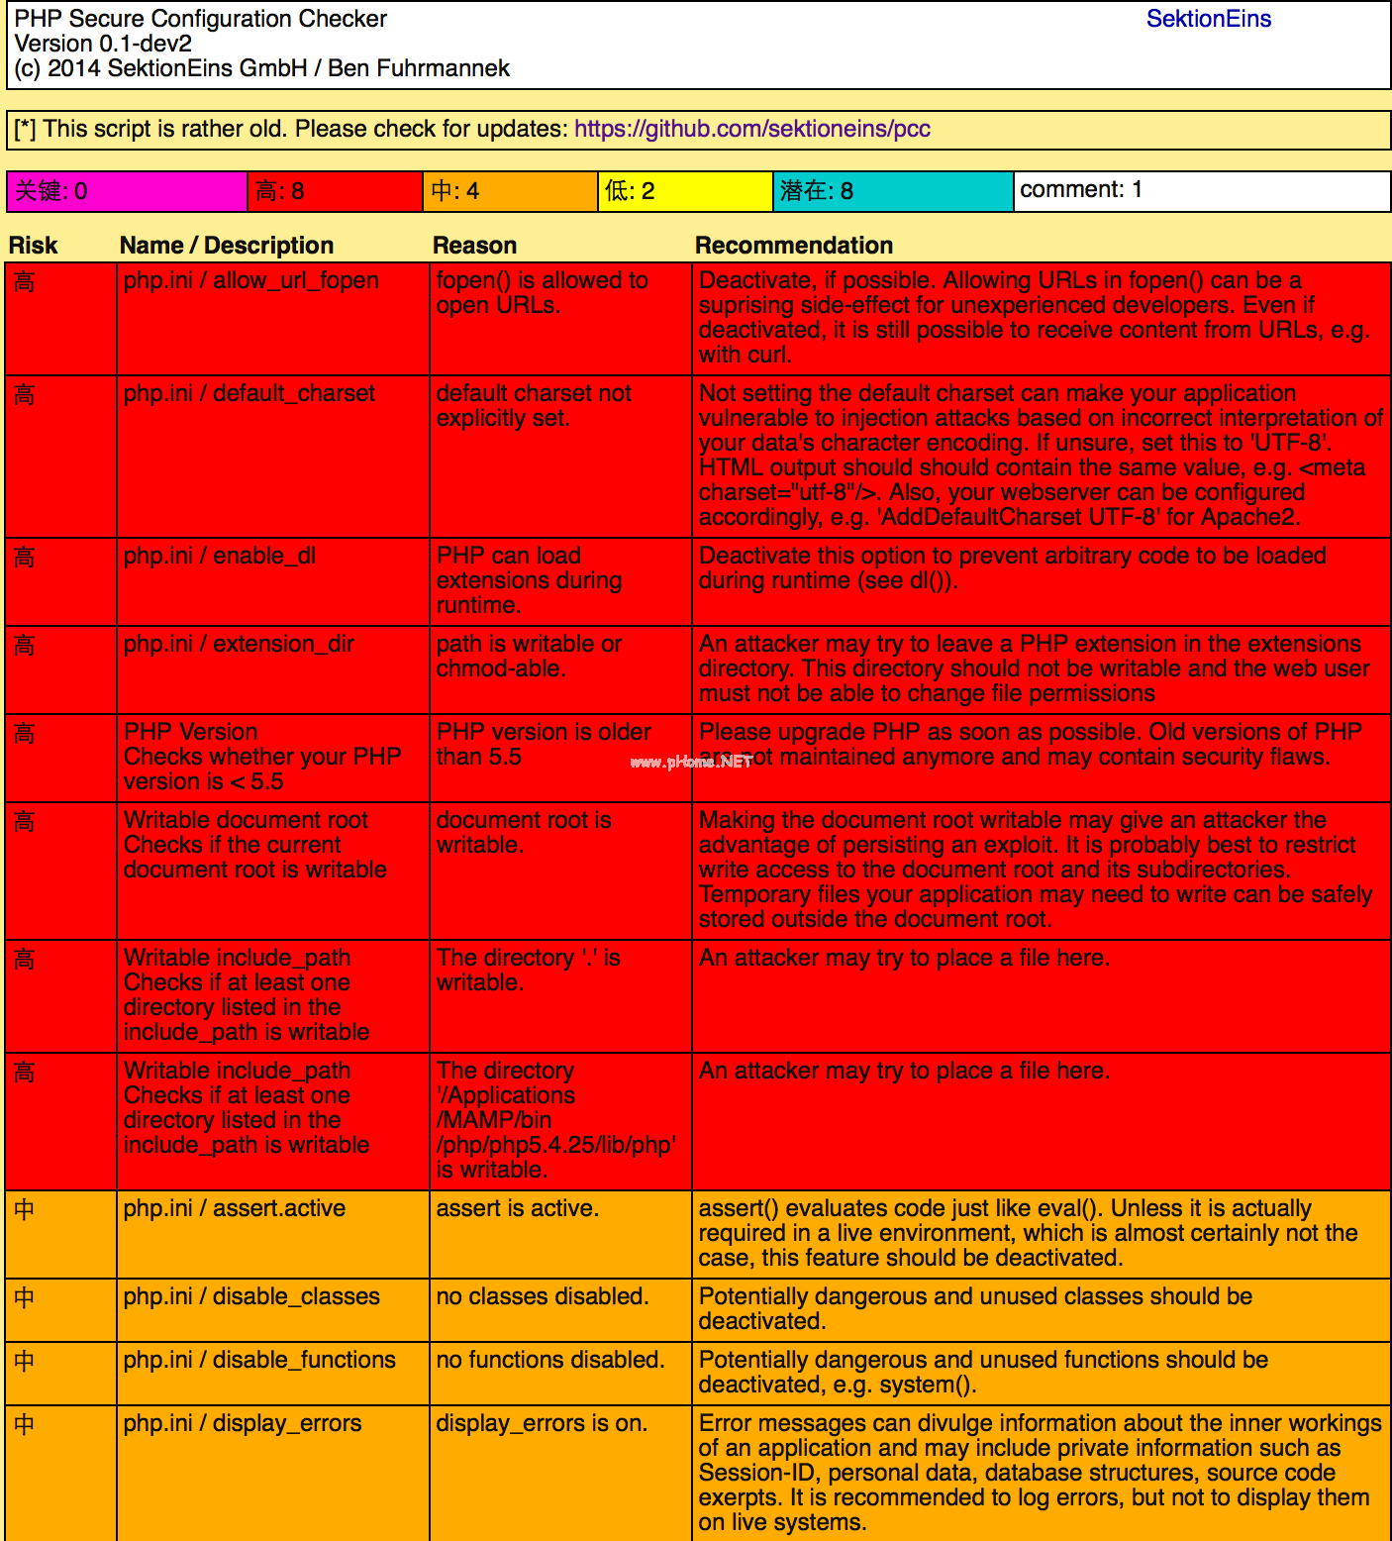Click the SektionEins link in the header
[1208, 19]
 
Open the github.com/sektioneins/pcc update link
[751, 129]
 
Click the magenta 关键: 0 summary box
[127, 191]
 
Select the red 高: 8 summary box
[335, 191]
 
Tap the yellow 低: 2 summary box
[685, 191]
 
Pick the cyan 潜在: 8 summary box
[893, 191]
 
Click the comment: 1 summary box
[1201, 191]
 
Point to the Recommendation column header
[793, 246]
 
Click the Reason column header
[474, 246]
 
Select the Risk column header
[34, 246]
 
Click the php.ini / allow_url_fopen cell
[250, 281]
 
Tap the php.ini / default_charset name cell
[249, 394]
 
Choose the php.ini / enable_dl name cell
[219, 557]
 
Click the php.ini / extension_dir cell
[238, 645]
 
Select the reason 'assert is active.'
[517, 1209]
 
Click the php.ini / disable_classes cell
[251, 1297]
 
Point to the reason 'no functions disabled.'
[549, 1361]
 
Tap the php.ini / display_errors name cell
[243, 1424]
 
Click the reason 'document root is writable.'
[523, 833]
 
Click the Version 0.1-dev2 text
[103, 44]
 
